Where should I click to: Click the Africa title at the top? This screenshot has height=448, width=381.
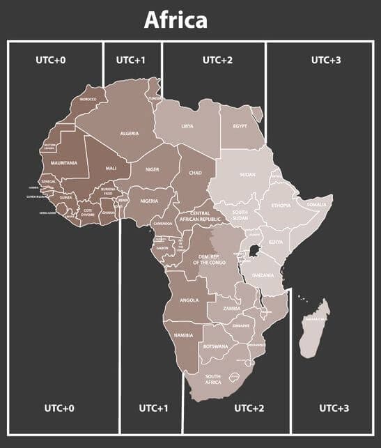[176, 20]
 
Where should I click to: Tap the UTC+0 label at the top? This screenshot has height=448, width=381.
[51, 60]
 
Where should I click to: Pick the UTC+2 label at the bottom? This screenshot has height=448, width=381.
[249, 408]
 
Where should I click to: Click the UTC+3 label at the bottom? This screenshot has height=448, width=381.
[334, 408]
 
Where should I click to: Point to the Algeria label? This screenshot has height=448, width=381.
[130, 133]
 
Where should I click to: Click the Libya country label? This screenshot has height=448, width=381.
[187, 126]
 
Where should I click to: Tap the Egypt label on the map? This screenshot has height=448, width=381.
[240, 126]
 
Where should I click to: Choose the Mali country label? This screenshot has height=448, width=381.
[111, 168]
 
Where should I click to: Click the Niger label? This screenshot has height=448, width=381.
[153, 169]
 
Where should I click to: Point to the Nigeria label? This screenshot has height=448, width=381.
[150, 201]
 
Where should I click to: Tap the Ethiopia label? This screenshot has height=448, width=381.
[281, 206]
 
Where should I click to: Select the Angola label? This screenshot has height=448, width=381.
[189, 300]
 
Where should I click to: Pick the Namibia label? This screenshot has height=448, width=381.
[183, 336]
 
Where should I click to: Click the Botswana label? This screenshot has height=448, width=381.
[215, 346]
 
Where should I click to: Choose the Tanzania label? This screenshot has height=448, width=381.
[263, 275]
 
